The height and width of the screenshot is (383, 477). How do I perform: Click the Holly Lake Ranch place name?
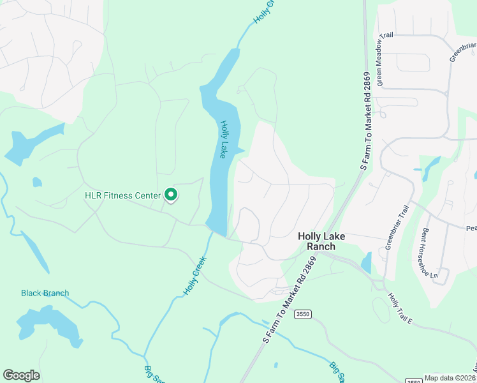click(322, 241)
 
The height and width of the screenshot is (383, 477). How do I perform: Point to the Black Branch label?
click(45, 293)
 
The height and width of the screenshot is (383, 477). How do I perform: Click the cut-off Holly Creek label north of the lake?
click(263, 12)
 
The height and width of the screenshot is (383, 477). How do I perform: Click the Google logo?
click(21, 375)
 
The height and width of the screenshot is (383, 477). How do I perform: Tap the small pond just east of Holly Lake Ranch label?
click(367, 262)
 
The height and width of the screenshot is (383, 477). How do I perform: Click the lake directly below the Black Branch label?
click(48, 323)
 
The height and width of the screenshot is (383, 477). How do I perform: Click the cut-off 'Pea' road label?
click(471, 228)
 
